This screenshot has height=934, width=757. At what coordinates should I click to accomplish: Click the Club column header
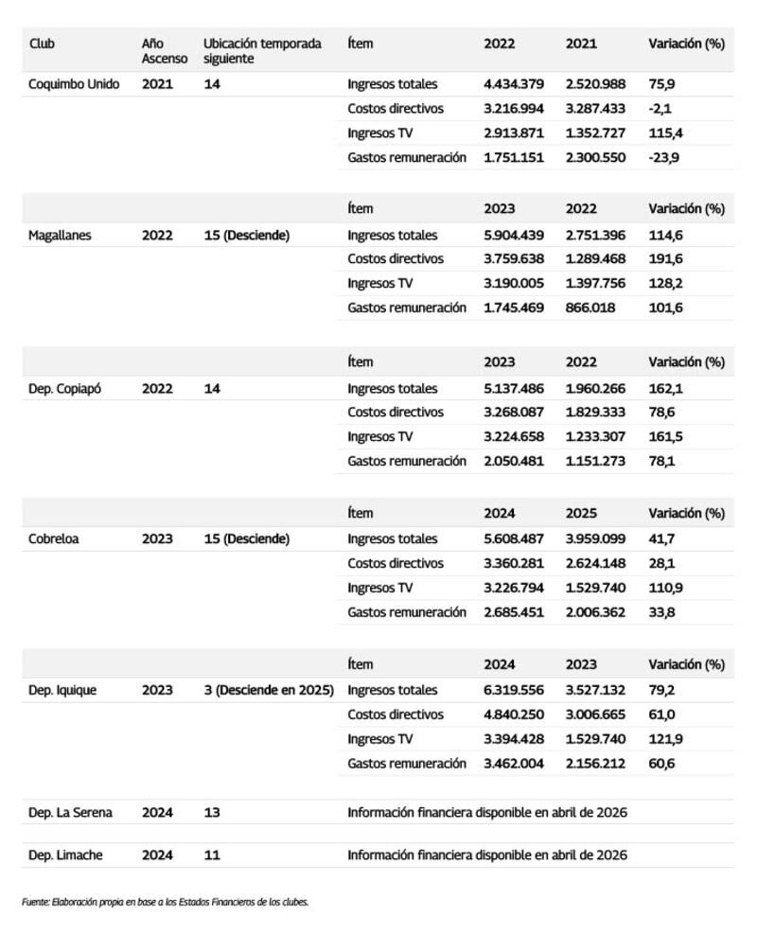pyautogui.click(x=42, y=44)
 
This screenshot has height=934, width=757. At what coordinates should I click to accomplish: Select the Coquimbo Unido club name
pyautogui.click(x=74, y=84)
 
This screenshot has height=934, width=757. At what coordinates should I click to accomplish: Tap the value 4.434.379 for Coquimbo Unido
pyautogui.click(x=514, y=84)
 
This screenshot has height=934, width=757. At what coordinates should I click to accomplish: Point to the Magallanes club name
pyautogui.click(x=60, y=236)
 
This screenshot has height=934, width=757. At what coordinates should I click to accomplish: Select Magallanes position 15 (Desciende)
pyautogui.click(x=246, y=236)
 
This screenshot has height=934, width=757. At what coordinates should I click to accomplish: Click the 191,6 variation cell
pyautogui.click(x=665, y=259)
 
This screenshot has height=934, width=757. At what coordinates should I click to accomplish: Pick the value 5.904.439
pyautogui.click(x=514, y=236)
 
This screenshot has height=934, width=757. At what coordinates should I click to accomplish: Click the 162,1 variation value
pyautogui.click(x=665, y=388)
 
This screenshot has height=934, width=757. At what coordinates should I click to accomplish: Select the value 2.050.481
pyautogui.click(x=514, y=461)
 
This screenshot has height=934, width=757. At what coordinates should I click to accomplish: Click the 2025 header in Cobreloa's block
pyautogui.click(x=581, y=514)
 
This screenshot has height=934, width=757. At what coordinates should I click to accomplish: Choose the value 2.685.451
pyautogui.click(x=514, y=611)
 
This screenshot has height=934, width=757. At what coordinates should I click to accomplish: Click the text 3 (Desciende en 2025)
pyautogui.click(x=269, y=690)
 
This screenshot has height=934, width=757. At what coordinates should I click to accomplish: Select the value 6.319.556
pyautogui.click(x=514, y=690)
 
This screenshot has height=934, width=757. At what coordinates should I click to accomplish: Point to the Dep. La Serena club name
pyautogui.click(x=72, y=812)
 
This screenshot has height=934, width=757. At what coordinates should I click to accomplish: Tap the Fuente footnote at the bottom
pyautogui.click(x=165, y=902)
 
